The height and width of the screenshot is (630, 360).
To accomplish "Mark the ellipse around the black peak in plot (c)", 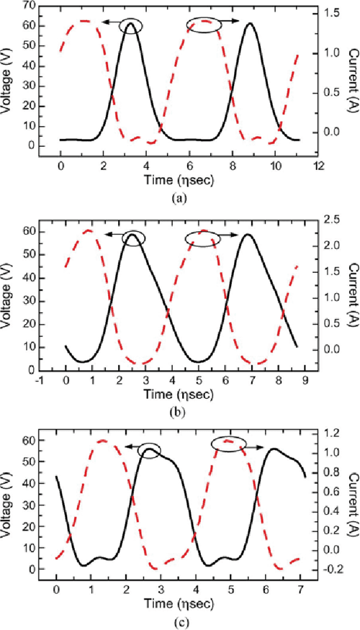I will tap(150, 449).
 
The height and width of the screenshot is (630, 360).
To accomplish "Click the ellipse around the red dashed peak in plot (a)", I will tap(204, 25).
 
